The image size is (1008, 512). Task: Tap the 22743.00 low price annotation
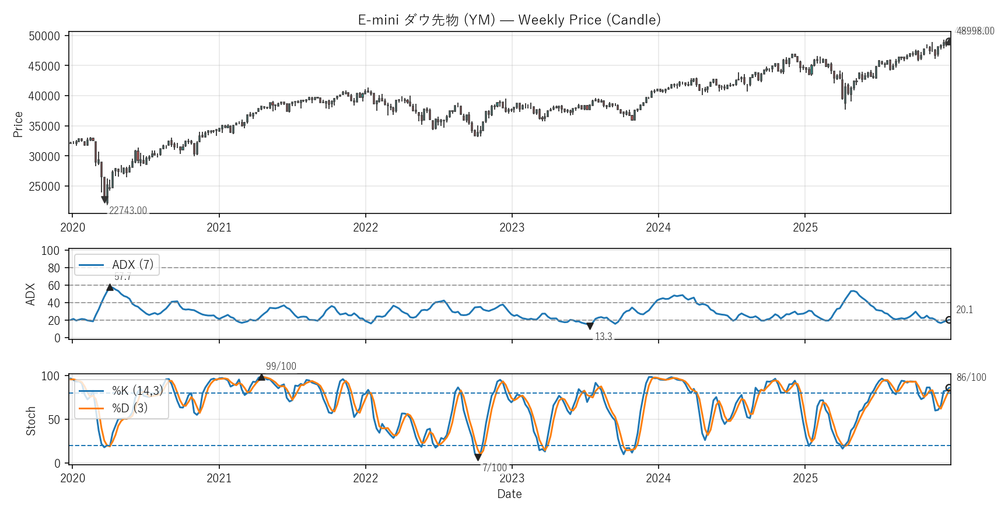(128, 211)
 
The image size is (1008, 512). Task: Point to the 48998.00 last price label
(975, 31)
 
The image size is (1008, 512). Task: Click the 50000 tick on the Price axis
(44, 36)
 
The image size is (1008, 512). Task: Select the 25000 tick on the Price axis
(44, 187)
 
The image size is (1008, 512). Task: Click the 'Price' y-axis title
(18, 124)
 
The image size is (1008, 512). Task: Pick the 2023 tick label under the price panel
(512, 227)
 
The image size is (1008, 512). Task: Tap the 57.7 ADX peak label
(123, 277)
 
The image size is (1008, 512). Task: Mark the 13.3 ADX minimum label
(603, 336)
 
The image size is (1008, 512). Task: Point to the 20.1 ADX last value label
(964, 310)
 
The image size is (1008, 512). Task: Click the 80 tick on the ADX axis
(54, 268)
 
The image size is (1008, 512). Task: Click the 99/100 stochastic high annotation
(281, 366)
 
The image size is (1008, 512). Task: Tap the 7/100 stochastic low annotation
(494, 468)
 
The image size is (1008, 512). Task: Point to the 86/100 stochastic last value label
(971, 377)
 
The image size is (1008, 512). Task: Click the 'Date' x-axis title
(509, 494)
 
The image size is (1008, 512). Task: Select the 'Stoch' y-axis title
(31, 420)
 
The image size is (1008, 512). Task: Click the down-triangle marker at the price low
(104, 200)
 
